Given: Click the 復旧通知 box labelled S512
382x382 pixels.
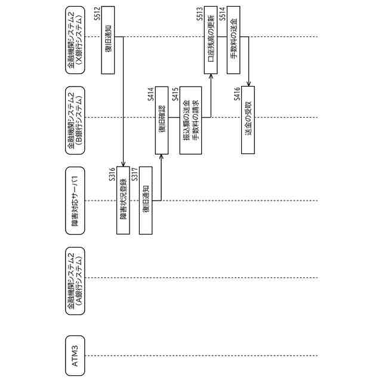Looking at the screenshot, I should click(x=108, y=41).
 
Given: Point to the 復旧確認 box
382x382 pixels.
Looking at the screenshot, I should click(x=162, y=121).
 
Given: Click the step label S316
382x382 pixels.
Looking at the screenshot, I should click(x=112, y=173).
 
